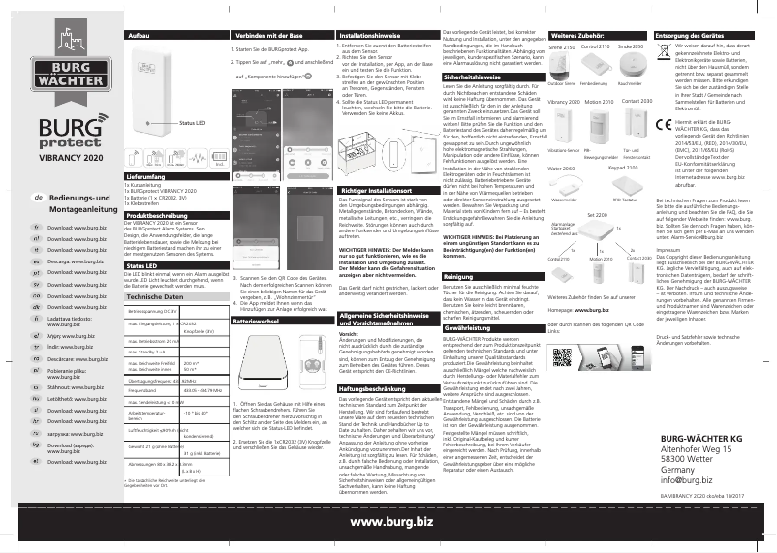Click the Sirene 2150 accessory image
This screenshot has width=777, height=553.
[x=563, y=65]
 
